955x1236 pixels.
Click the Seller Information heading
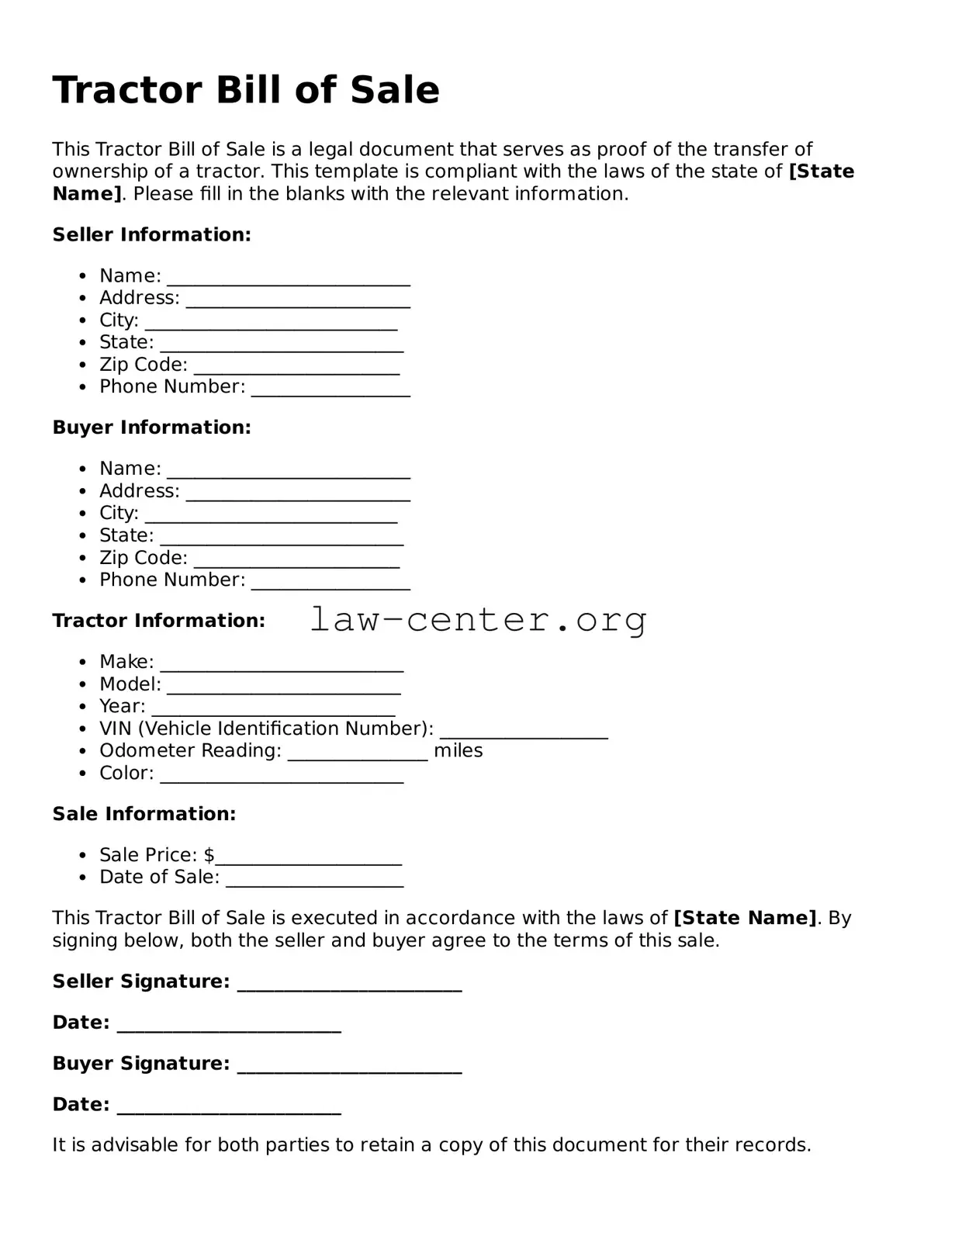151,234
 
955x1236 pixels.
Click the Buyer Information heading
151,428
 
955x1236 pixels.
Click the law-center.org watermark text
478,619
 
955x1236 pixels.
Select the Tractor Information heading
158,621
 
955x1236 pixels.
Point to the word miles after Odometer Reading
458,750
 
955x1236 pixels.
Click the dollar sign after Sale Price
209,855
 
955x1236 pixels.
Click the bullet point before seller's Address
83,299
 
